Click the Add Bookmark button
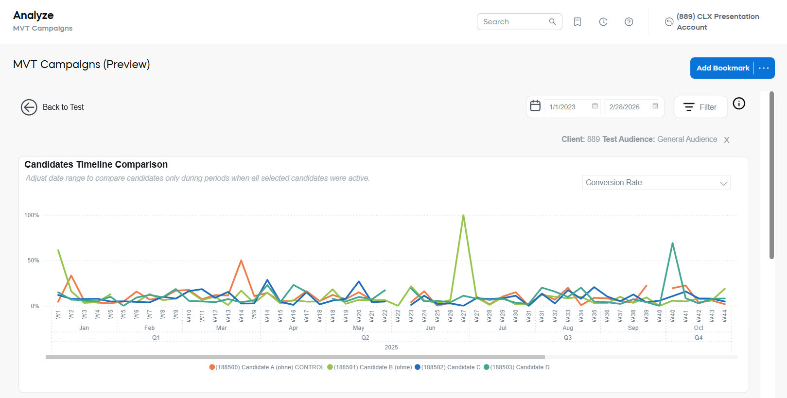click(x=722, y=68)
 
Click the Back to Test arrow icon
click(x=29, y=107)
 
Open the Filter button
click(x=700, y=107)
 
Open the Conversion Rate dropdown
click(x=656, y=183)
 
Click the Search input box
click(x=514, y=22)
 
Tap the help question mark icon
click(x=629, y=22)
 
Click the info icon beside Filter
click(x=738, y=104)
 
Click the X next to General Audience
click(x=726, y=140)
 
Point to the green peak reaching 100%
click(x=463, y=215)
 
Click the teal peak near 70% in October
click(x=672, y=243)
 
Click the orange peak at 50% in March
click(x=241, y=261)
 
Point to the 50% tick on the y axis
click(x=33, y=260)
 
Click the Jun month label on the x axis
click(x=430, y=328)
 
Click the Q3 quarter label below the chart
click(x=567, y=338)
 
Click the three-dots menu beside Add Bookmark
click(x=764, y=68)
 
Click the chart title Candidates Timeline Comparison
click(x=96, y=165)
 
